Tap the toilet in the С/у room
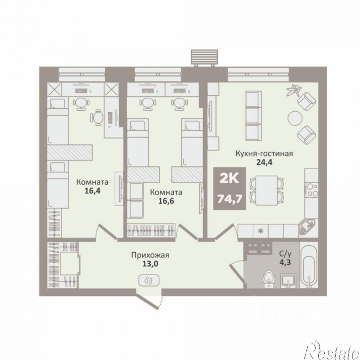[x=269, y=279]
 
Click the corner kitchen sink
[x=308, y=226]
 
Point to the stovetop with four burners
[x=311, y=190]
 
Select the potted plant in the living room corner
[x=293, y=90]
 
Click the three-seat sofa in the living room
[x=253, y=116]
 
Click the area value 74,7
[x=230, y=199]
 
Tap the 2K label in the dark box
[x=229, y=178]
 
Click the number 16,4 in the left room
[x=92, y=191]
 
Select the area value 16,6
[x=166, y=201]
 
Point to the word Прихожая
[x=150, y=255]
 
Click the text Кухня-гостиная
[x=264, y=153]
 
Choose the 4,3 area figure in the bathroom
[x=285, y=262]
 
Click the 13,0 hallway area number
[x=150, y=264]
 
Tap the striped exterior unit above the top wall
[x=205, y=57]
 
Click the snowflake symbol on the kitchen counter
[x=260, y=231]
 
